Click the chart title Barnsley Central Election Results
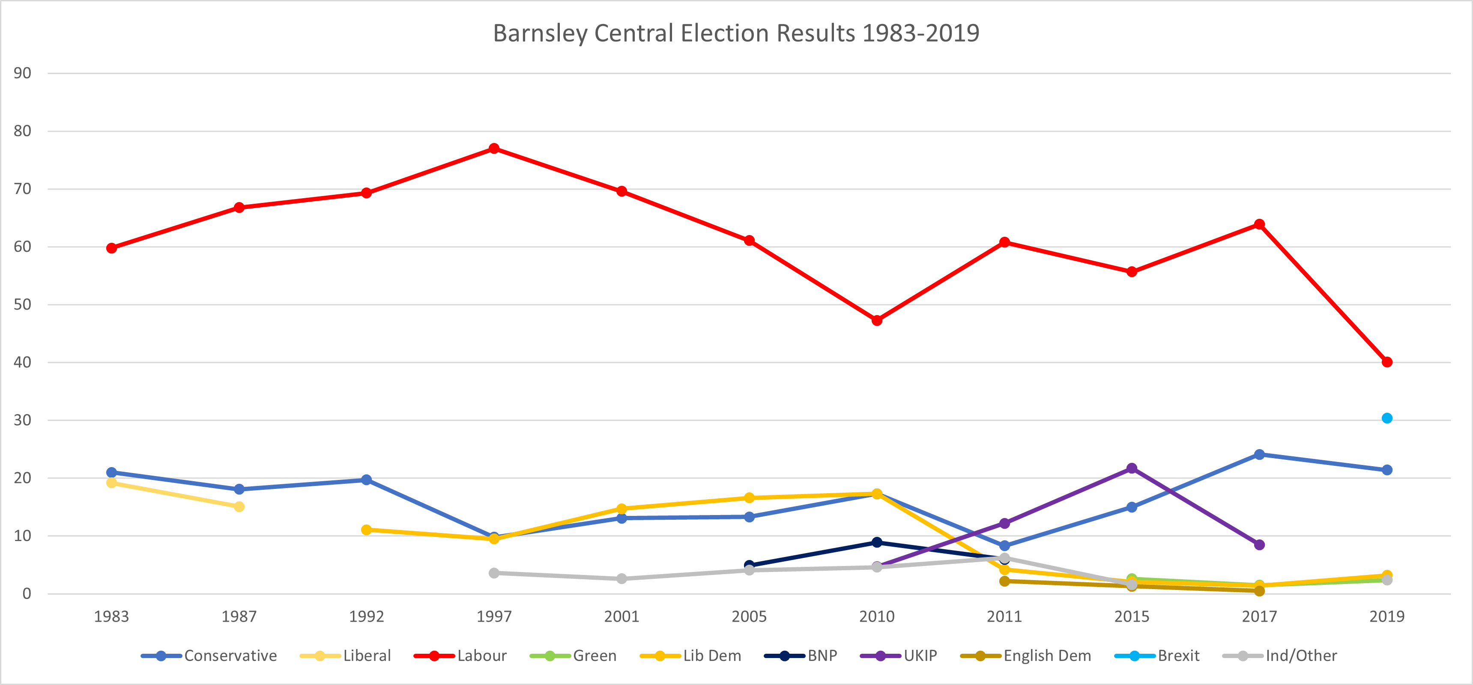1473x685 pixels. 736,33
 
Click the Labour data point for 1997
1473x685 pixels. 494,149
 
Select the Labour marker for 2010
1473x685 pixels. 877,320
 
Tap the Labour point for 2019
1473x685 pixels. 1386,362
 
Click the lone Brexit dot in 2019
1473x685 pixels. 1386,418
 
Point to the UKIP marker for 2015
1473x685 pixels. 1132,468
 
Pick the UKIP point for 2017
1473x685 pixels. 1259,544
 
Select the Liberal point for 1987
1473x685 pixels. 239,506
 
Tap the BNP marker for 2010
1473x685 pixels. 877,542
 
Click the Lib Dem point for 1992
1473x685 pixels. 367,530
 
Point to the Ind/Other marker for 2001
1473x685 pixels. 621,579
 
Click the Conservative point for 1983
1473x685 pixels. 111,472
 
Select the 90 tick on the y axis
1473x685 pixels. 22,73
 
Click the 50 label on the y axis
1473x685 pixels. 22,304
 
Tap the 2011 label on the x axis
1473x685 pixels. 1004,616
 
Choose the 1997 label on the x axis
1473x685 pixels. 494,616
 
